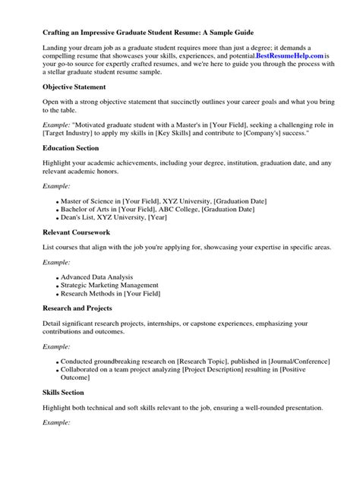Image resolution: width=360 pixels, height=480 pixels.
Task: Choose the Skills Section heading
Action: [x=63, y=392]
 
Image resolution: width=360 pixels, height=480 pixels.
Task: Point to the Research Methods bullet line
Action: [x=111, y=293]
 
